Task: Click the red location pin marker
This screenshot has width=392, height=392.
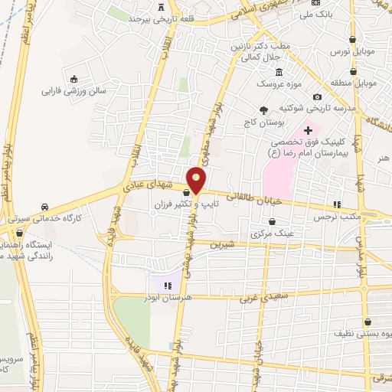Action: [197, 181]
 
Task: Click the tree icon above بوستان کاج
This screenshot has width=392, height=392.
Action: [264, 110]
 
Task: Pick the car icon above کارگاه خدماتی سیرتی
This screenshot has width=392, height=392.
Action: [45, 207]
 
